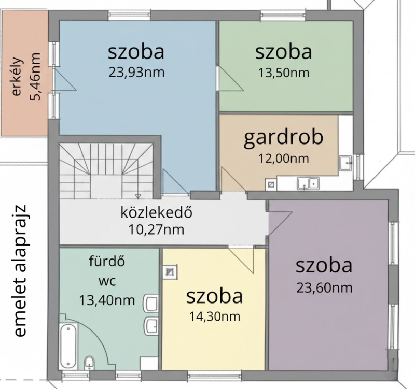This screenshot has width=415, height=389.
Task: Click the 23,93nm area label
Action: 136,72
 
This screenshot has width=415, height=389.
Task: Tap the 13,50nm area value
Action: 283,73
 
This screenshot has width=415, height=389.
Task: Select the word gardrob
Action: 283,138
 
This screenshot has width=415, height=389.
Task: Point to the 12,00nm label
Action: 283,159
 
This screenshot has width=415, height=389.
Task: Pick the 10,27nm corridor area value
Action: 156,229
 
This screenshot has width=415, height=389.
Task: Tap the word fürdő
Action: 107,262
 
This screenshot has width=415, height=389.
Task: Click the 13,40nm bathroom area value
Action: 107,300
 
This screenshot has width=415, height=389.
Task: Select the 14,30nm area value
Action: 215,316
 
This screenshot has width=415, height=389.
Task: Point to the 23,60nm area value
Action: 324,287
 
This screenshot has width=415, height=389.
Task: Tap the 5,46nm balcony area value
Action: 35,77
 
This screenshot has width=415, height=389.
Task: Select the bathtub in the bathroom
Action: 68,346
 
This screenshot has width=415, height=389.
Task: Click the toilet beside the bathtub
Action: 89,364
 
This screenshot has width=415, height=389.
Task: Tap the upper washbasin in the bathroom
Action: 150,303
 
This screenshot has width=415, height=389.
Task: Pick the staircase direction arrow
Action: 137,196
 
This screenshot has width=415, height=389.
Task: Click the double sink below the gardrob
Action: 308,183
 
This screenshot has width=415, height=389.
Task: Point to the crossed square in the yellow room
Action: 169,272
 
